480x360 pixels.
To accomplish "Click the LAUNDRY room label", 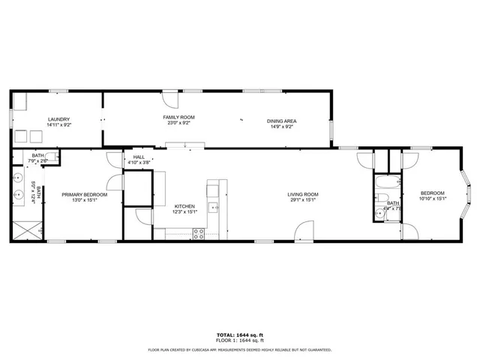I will (x=58, y=119).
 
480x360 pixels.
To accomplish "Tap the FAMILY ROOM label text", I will (x=179, y=118).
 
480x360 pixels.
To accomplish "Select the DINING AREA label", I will (x=282, y=121).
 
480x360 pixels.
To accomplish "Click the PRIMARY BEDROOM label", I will (x=84, y=195).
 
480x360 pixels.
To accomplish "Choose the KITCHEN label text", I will (x=185, y=206).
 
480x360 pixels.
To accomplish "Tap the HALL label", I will (x=139, y=157).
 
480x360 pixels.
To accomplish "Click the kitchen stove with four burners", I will (x=199, y=233).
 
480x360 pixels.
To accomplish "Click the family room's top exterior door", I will (x=171, y=98).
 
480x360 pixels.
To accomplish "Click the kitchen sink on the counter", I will (x=214, y=207).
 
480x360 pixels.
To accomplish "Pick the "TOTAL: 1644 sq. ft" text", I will (x=239, y=334).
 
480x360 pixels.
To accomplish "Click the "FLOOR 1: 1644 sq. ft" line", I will (x=239, y=341).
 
